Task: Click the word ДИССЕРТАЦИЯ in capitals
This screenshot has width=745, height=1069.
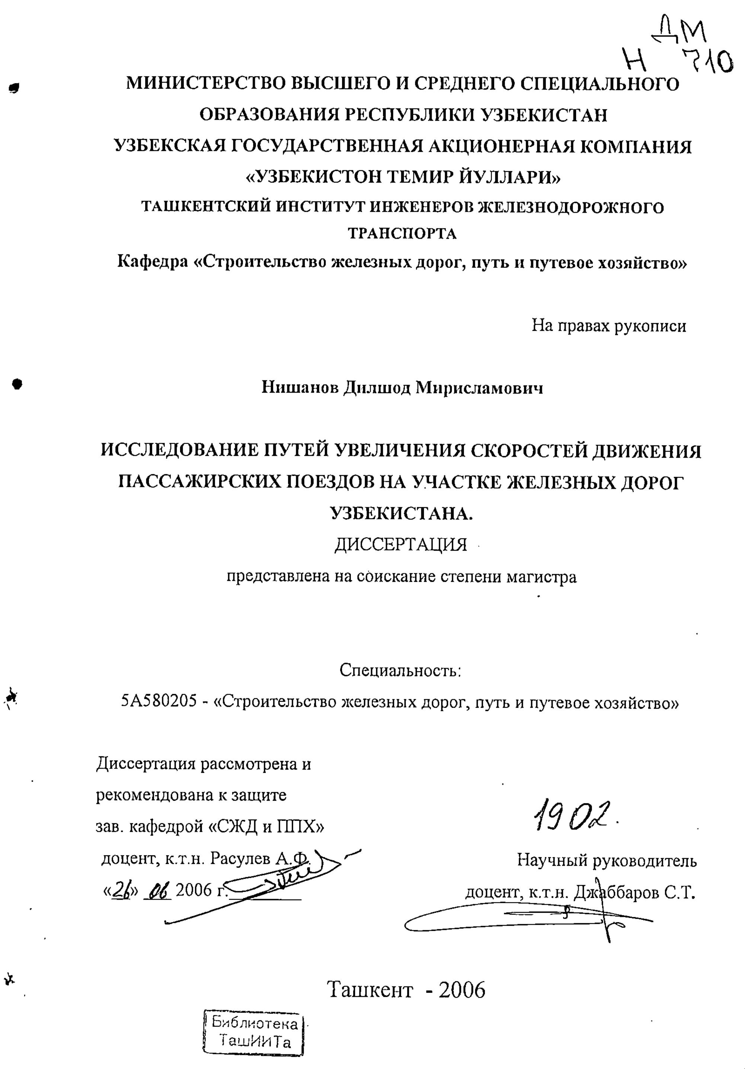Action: pos(400,544)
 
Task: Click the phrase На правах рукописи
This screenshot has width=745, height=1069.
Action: pos(608,326)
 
